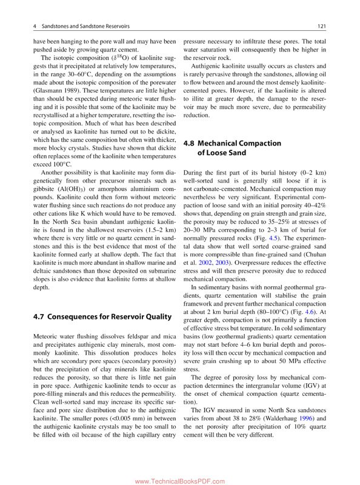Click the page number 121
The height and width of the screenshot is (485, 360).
coord(322,26)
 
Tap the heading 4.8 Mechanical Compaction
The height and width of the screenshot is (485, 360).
coord(224,143)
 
